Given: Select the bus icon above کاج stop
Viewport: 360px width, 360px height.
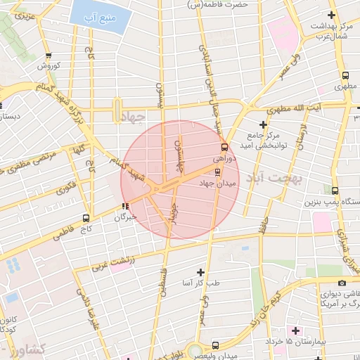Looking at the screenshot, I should point(86,217).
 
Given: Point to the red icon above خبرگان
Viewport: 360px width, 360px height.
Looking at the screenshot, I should point(125,206).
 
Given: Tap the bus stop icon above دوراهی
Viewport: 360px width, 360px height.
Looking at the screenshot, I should point(224,148).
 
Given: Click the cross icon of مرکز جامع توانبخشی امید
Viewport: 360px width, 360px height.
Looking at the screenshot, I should point(263,124).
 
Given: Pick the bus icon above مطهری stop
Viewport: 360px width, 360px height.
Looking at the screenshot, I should point(345,76).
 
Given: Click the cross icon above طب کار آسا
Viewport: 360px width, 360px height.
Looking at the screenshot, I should point(201,271).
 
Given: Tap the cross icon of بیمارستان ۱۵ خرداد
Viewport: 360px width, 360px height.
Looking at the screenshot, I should point(295,330).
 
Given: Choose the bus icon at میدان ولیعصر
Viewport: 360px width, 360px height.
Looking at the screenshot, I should point(215,345).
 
